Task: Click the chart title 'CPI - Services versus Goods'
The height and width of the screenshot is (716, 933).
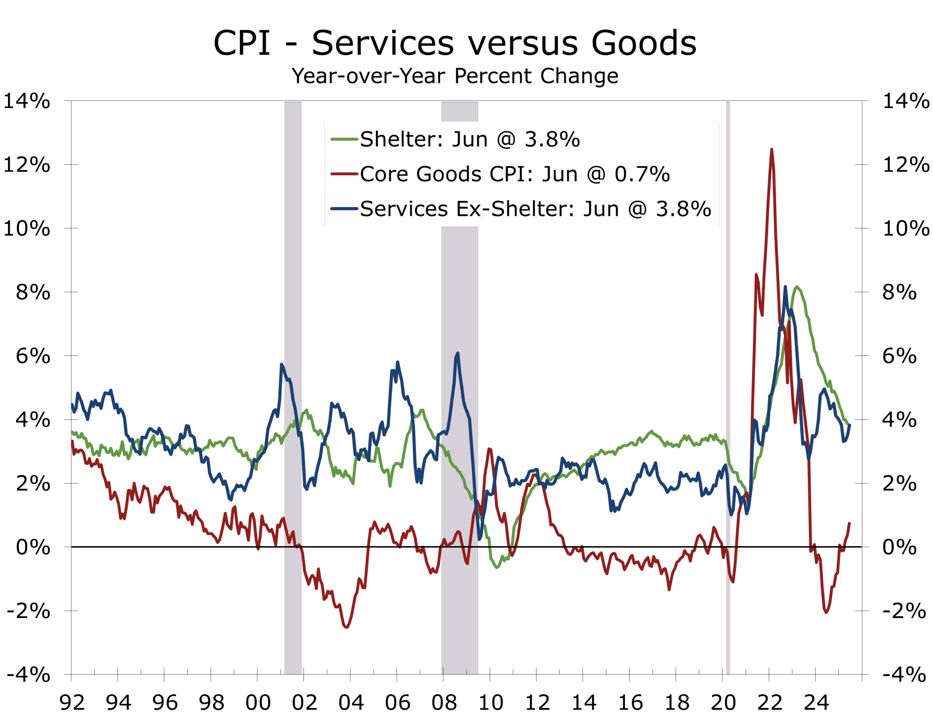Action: (x=454, y=43)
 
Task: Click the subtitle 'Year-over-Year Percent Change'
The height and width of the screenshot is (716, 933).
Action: (x=454, y=76)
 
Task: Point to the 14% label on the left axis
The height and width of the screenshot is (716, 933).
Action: (x=27, y=102)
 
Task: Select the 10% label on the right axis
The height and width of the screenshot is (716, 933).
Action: (x=906, y=229)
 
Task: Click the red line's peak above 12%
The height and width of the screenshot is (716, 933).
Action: (x=772, y=150)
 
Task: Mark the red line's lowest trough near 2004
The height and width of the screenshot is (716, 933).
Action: (x=346, y=627)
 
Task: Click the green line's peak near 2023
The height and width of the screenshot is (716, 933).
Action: (x=797, y=287)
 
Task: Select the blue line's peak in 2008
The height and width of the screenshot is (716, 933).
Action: (x=457, y=353)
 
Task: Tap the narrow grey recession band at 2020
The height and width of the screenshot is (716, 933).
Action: (x=728, y=383)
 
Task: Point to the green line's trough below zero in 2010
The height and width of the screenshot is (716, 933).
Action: (x=497, y=567)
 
